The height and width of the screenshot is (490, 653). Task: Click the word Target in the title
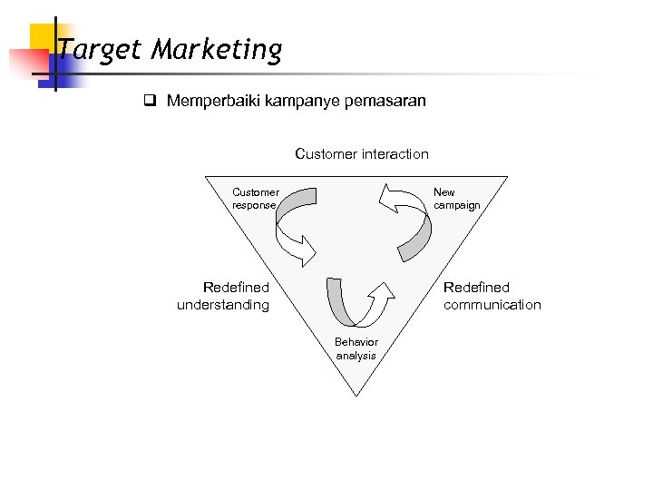click(100, 49)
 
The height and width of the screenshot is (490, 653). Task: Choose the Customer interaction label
click(362, 154)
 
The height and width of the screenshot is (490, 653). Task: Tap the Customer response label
click(255, 199)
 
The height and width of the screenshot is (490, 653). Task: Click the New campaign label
click(456, 199)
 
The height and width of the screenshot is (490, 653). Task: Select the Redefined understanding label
click(223, 296)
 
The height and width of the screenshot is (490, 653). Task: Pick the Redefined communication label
click(492, 296)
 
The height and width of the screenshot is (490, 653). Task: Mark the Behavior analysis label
click(356, 348)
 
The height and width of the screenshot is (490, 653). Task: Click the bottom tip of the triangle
click(356, 395)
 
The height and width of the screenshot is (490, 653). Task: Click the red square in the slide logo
click(24, 64)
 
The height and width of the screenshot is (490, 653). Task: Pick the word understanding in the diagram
click(223, 305)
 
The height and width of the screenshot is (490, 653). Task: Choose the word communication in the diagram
click(492, 305)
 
